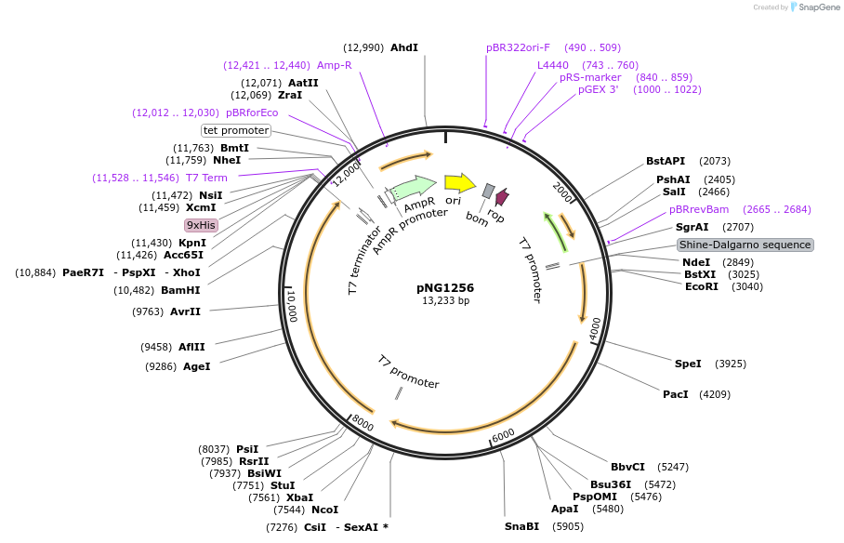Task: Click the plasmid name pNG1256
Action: click(445, 288)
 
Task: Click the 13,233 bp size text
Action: click(445, 301)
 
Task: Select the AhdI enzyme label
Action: click(404, 47)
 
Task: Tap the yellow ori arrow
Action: click(459, 182)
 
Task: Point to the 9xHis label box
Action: click(201, 225)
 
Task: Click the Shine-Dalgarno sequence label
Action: click(745, 245)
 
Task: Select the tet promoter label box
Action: click(236, 130)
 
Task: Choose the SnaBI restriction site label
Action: click(521, 526)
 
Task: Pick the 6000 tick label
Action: click(503, 435)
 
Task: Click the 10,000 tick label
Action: click(291, 304)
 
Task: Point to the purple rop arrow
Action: click(502, 197)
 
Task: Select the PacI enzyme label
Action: click(676, 394)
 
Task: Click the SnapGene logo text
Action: click(818, 7)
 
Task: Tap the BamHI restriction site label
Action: click(181, 290)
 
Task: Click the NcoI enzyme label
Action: click(324, 510)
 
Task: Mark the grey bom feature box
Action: click(489, 191)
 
